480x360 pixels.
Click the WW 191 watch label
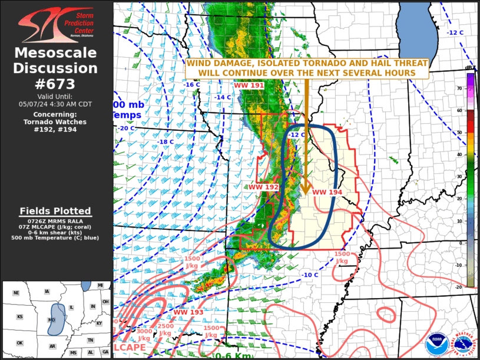249,85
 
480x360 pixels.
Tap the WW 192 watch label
263,187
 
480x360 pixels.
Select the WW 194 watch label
327,192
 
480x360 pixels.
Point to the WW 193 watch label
188,312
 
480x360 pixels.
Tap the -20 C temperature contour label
127,128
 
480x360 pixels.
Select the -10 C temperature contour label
310,275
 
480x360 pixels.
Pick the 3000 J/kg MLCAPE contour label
144,335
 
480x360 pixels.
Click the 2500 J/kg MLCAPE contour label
165,329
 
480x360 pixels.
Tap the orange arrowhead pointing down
306,190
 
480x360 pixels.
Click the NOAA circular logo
436,341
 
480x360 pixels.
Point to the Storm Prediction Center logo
56,22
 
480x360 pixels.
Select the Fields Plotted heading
55,211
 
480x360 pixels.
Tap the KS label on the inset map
19,317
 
